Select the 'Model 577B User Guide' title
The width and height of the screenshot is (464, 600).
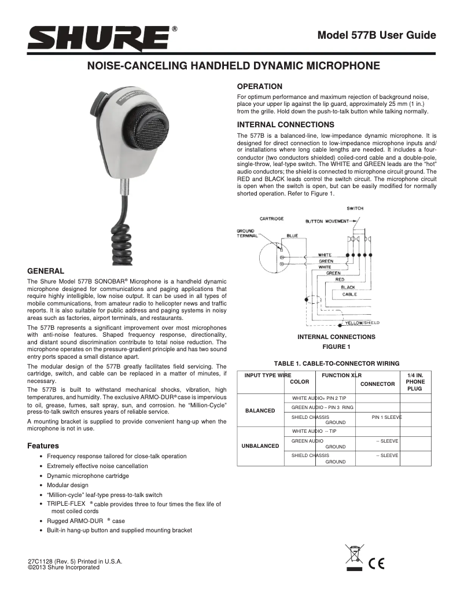[377, 35]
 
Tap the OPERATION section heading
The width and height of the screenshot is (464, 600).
[260, 86]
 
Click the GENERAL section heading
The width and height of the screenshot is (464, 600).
[46, 271]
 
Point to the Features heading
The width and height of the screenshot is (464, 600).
[43, 446]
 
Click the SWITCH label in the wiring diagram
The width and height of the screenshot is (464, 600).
[355, 208]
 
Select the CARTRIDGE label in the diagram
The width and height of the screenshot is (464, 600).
[271, 219]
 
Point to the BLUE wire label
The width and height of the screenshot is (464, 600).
[292, 236]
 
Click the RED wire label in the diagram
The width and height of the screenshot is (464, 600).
[340, 279]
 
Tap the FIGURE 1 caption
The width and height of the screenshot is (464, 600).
[336, 347]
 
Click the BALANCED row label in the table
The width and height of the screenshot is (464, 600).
[260, 410]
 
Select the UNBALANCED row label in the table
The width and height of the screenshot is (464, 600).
[260, 446]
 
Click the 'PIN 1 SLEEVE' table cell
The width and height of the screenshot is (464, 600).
[386, 417]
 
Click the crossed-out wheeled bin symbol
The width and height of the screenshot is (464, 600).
[353, 556]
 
